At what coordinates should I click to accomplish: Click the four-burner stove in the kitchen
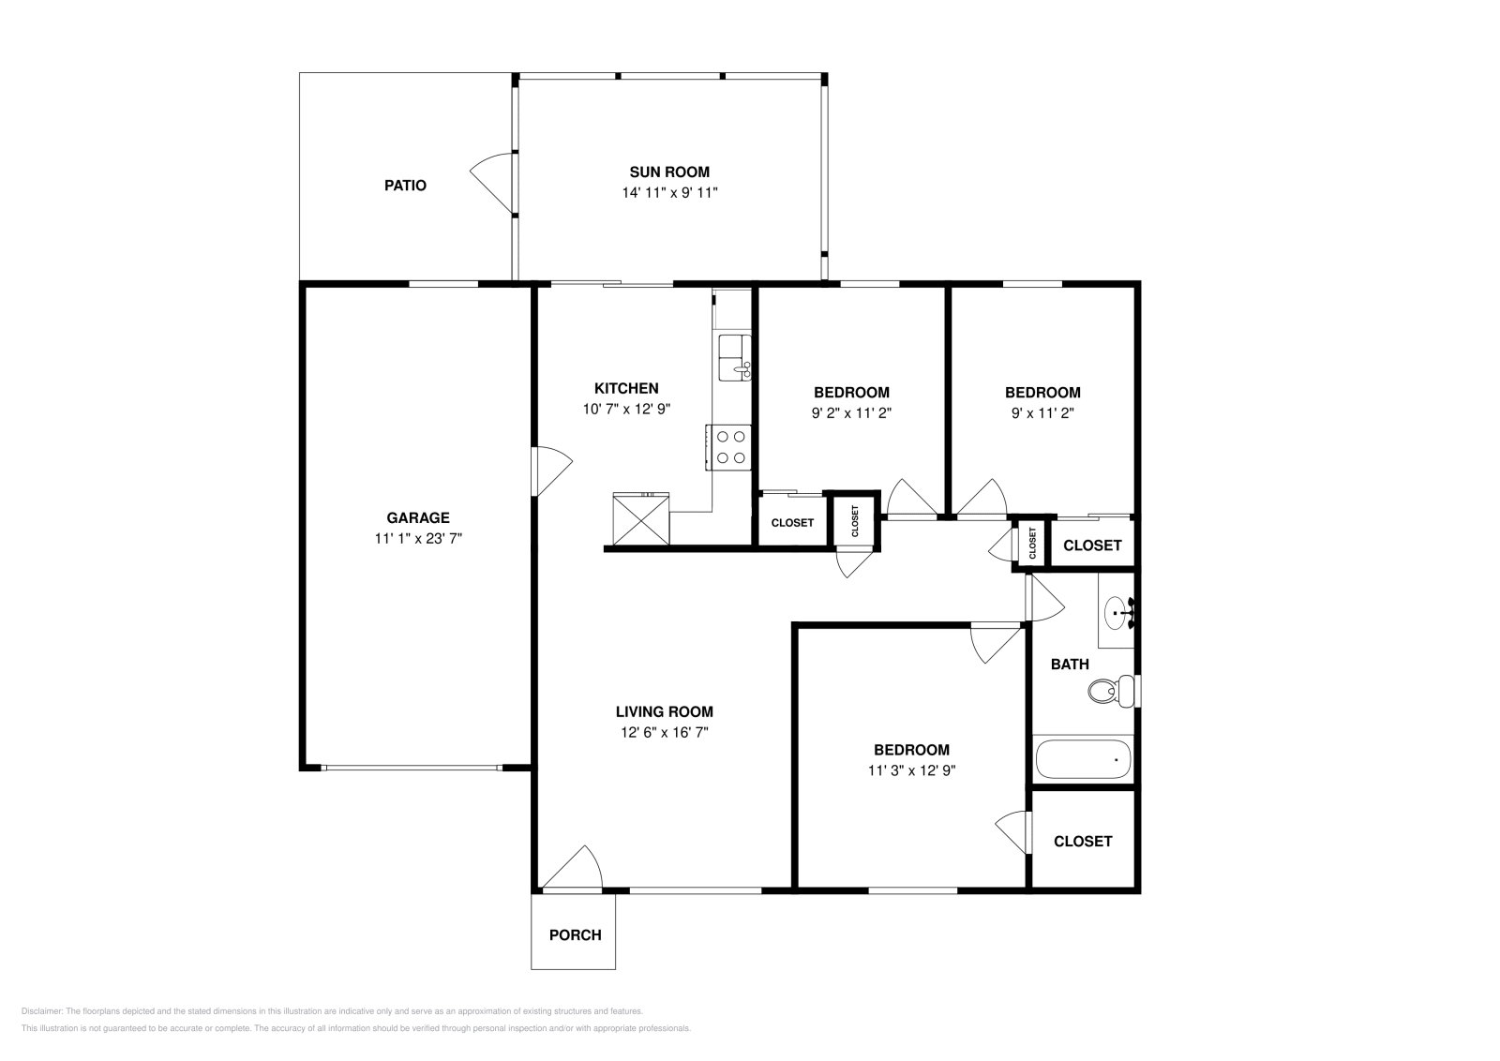pyautogui.click(x=730, y=447)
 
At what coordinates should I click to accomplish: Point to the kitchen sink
pyautogui.click(x=733, y=359)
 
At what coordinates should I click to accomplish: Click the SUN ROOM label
pyautogui.click(x=668, y=172)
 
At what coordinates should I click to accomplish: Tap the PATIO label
pyautogui.click(x=405, y=186)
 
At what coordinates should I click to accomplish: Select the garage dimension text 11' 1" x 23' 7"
pyautogui.click(x=418, y=538)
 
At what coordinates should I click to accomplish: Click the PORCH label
pyautogui.click(x=575, y=934)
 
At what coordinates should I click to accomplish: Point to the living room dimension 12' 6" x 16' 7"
pyautogui.click(x=664, y=732)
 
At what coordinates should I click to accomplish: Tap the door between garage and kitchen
pyautogui.click(x=551, y=471)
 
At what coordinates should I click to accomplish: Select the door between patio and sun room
pyautogui.click(x=493, y=183)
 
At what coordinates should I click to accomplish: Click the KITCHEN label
pyautogui.click(x=626, y=388)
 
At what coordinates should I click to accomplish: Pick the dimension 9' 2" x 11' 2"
pyautogui.click(x=850, y=412)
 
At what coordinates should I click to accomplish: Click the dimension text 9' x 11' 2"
pyautogui.click(x=1042, y=412)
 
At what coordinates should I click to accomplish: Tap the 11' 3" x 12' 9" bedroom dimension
pyautogui.click(x=911, y=770)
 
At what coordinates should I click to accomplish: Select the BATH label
pyautogui.click(x=1070, y=664)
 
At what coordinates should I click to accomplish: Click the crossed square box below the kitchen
pyautogui.click(x=641, y=518)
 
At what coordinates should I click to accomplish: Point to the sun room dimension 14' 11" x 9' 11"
pyautogui.click(x=669, y=193)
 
